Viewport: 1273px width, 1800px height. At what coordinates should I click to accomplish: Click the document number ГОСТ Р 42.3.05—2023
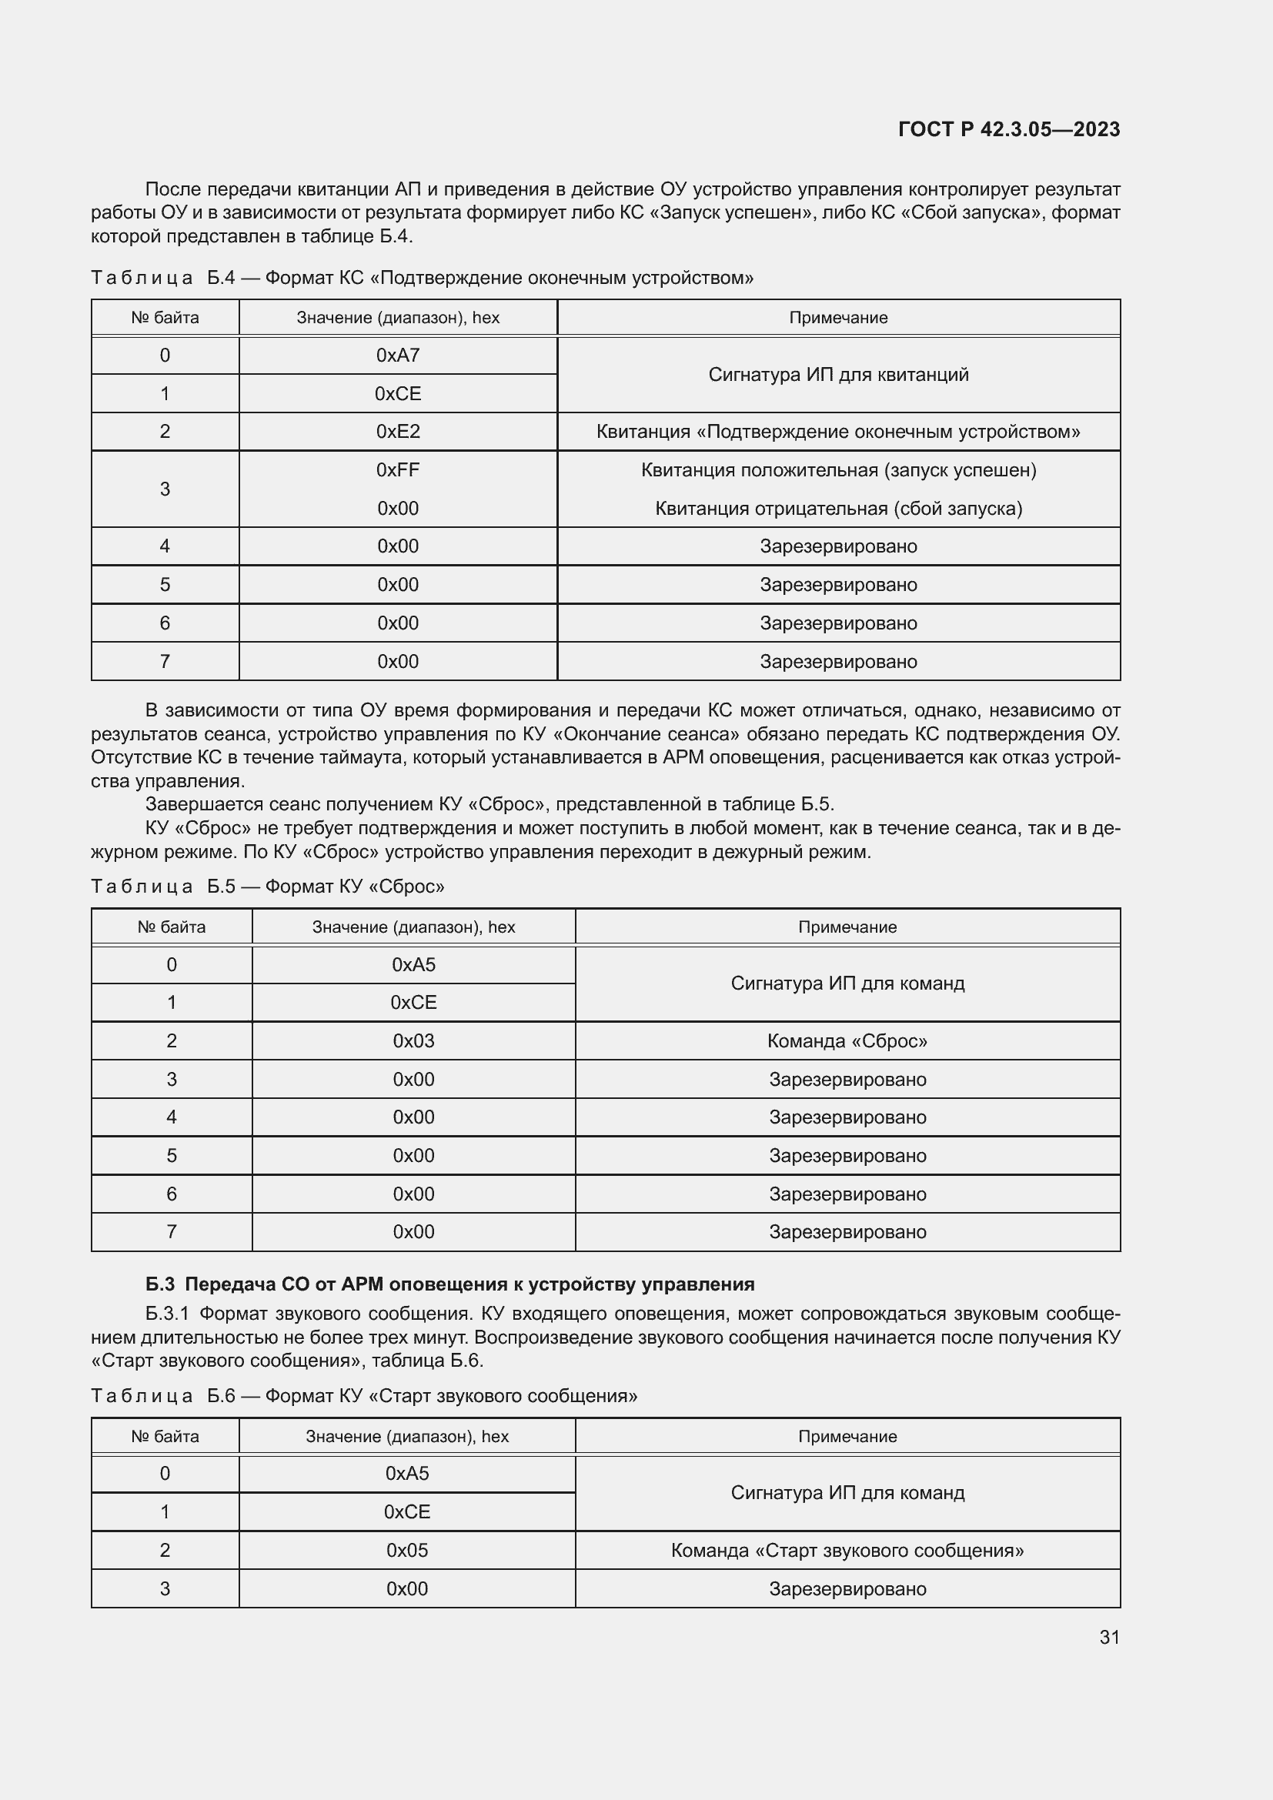click(x=1009, y=129)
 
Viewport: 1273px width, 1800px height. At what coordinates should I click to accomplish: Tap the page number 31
click(x=1109, y=1637)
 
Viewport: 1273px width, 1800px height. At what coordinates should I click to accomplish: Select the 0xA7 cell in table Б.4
click(x=397, y=355)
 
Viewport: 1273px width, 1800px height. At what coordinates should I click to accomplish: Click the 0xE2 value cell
click(x=397, y=431)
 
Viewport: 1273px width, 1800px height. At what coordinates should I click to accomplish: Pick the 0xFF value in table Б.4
click(x=397, y=469)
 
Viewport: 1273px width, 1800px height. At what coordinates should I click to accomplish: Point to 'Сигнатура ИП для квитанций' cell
click(x=838, y=375)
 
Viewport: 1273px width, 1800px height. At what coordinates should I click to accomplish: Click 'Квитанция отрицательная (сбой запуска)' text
click(x=838, y=508)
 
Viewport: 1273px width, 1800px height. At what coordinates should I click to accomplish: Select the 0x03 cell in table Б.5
click(x=413, y=1040)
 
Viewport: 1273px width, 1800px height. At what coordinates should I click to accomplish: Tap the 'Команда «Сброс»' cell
click(x=847, y=1040)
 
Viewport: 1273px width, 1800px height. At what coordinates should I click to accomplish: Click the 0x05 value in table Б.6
click(x=407, y=1550)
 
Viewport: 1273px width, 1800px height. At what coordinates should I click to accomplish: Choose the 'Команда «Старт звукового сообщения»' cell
click(x=847, y=1550)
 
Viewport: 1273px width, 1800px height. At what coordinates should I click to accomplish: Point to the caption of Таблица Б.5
click(x=267, y=886)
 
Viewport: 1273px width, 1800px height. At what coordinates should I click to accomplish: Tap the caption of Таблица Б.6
click(x=364, y=1395)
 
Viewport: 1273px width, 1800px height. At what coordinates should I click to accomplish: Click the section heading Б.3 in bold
click(x=449, y=1284)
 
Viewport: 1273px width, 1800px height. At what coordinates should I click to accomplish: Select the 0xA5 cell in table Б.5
click(x=413, y=964)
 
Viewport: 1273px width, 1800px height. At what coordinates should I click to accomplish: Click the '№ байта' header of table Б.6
click(x=165, y=1436)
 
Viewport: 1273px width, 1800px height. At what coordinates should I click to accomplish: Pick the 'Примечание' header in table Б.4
click(x=838, y=318)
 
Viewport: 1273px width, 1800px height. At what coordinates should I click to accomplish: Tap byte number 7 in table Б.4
click(x=165, y=661)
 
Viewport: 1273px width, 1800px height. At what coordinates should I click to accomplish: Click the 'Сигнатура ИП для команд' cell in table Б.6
click(x=847, y=1493)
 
